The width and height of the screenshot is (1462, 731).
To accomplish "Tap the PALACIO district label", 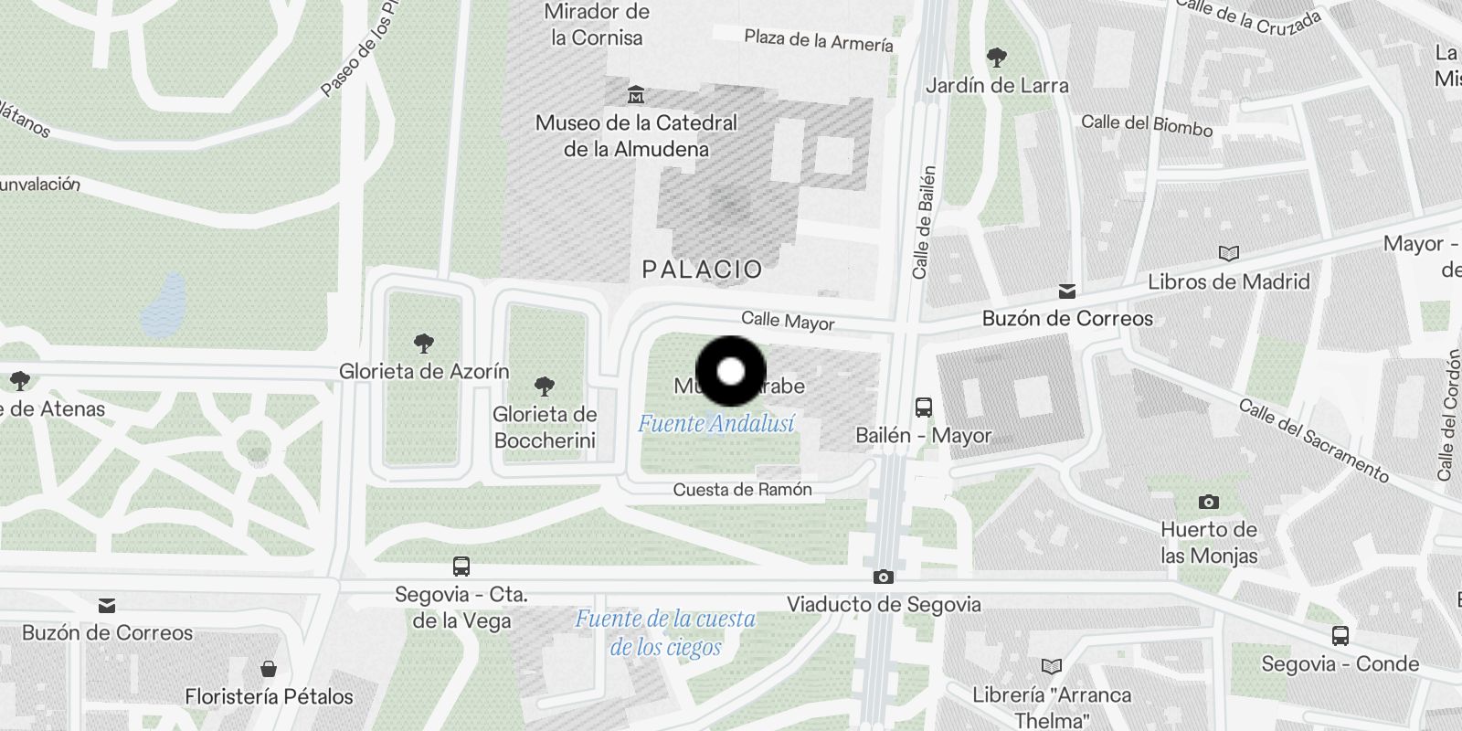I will point(702,270).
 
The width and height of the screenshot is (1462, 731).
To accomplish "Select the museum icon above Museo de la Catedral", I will point(636,94).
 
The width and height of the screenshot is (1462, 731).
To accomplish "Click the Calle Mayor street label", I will point(788,321).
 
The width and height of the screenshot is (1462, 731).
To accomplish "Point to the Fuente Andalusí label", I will point(715,424).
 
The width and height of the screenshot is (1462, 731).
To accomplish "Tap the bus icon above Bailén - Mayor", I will point(924,408).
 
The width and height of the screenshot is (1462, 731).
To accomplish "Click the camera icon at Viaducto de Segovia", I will point(883,577).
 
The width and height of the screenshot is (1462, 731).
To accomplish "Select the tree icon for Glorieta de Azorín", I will point(423,344).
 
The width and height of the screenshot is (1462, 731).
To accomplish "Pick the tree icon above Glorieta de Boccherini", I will point(545,387).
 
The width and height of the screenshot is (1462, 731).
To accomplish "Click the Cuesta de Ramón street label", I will point(742,490).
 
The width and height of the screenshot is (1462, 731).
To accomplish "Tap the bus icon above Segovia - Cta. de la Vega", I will point(461,567).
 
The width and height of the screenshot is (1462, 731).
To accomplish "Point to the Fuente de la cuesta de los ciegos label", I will point(665,632).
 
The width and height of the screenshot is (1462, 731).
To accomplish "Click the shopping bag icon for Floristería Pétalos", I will point(269,669).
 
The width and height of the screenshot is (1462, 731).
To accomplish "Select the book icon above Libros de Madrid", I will point(1229,253).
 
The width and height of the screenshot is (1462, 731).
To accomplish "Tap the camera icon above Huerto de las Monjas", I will point(1209,502).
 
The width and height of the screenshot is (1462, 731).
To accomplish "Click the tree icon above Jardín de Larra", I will point(997,58).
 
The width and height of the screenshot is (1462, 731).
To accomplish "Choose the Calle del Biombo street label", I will point(1147,124).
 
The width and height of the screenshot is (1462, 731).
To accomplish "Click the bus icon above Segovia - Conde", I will point(1340,636).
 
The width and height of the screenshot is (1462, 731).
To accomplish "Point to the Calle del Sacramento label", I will point(1313,440).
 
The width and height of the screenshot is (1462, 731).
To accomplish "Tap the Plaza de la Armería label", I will point(819,41).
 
